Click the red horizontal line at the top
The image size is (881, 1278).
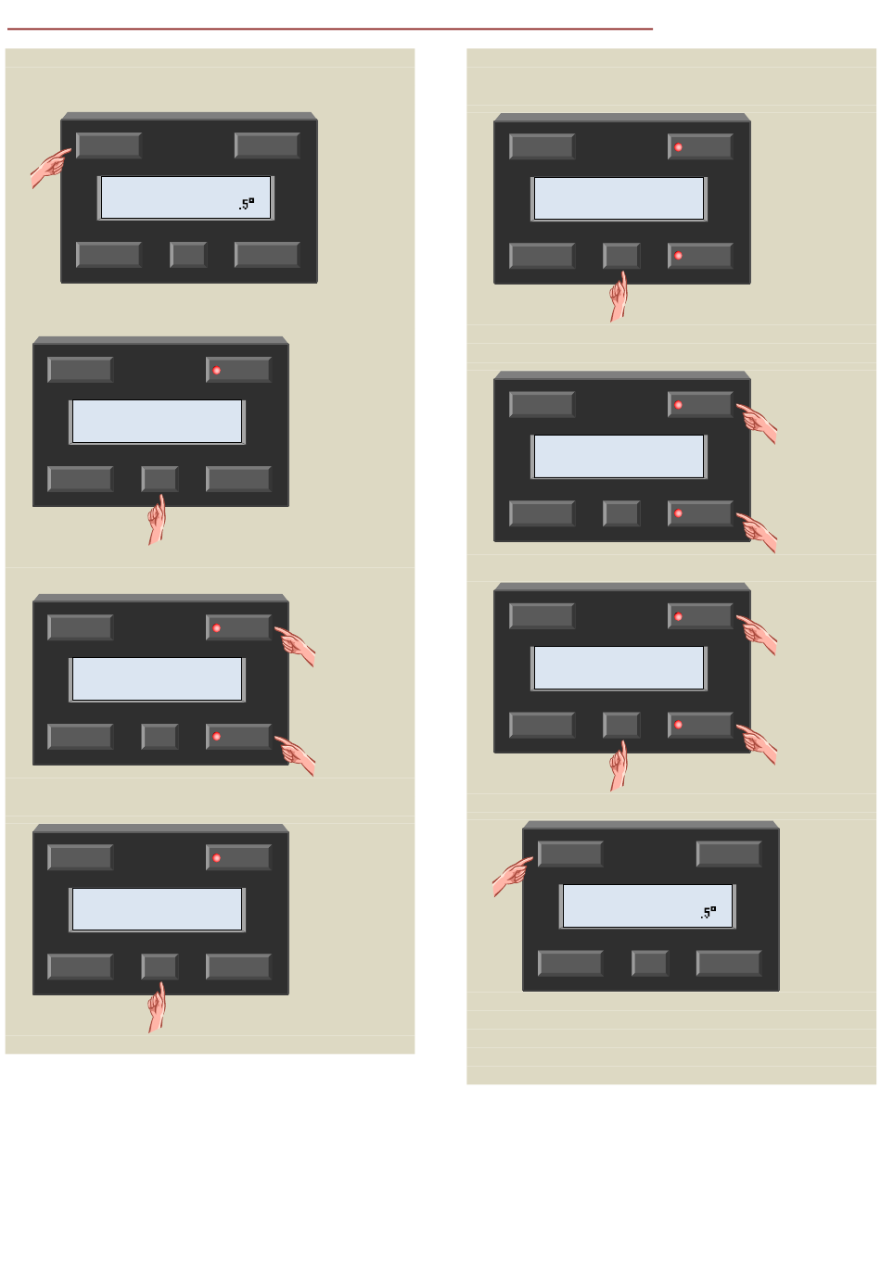pos(329,29)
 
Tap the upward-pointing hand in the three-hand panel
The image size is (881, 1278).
pos(619,766)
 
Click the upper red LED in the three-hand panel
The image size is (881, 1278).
pos(679,616)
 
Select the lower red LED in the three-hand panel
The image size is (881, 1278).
pos(679,725)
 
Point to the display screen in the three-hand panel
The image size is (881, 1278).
pos(619,668)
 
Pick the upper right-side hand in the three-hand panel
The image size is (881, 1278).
pos(759,634)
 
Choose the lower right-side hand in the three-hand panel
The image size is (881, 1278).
pos(759,744)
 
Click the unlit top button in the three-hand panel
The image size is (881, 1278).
pos(542,616)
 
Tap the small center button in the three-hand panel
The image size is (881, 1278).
pos(621,725)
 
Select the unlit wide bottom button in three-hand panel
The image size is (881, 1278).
pos(542,725)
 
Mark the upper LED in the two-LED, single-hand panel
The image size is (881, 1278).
pos(679,147)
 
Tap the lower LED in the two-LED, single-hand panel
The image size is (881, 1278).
pos(679,256)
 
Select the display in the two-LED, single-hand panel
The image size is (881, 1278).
pos(619,199)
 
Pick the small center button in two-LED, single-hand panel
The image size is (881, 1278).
pos(621,256)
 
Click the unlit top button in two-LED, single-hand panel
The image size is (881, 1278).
pos(542,146)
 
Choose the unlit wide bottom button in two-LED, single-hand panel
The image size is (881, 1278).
pos(542,256)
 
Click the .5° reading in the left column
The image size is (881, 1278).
pos(246,204)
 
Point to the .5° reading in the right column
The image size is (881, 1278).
pos(708,913)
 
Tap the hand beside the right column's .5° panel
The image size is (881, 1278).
pos(511,876)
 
